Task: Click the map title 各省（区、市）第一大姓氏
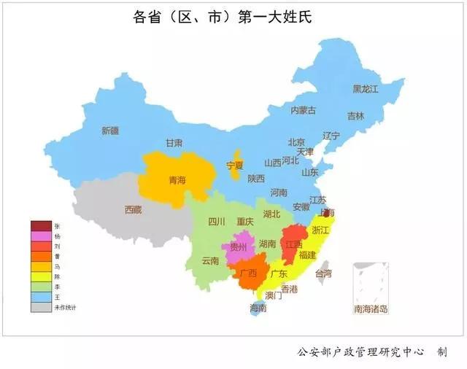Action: (233, 17)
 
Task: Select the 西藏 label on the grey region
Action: (133, 209)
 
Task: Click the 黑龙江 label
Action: (366, 89)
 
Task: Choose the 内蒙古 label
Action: (303, 111)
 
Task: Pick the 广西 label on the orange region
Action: (248, 273)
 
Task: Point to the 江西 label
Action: (294, 244)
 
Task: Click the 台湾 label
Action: (323, 273)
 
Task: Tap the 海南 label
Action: (258, 308)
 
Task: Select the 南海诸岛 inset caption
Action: (371, 308)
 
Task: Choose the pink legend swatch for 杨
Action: (41, 236)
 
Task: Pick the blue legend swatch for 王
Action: (41, 297)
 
